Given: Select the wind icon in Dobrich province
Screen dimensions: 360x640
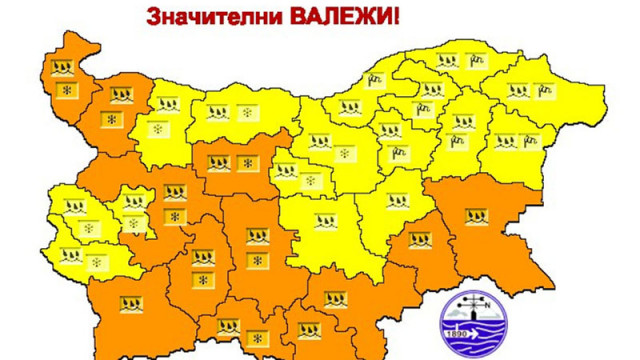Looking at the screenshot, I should (547, 91).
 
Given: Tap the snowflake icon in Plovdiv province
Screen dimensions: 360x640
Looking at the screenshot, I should (257, 261).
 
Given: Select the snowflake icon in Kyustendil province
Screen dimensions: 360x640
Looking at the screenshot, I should (95, 263).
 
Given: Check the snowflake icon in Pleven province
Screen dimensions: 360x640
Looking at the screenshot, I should (245, 112).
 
